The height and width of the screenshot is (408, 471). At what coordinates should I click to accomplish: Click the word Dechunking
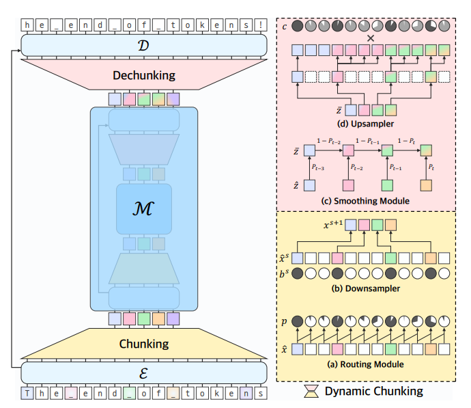[143, 75]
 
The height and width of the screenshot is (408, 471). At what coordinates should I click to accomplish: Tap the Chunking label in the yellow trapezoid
[143, 343]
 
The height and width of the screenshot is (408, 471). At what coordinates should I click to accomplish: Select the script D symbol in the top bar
[143, 46]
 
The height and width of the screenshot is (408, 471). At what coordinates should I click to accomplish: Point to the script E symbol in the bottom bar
[143, 372]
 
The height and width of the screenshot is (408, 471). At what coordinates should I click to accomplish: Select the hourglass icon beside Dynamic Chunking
[311, 391]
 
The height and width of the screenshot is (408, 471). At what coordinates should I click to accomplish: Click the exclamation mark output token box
[260, 25]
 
